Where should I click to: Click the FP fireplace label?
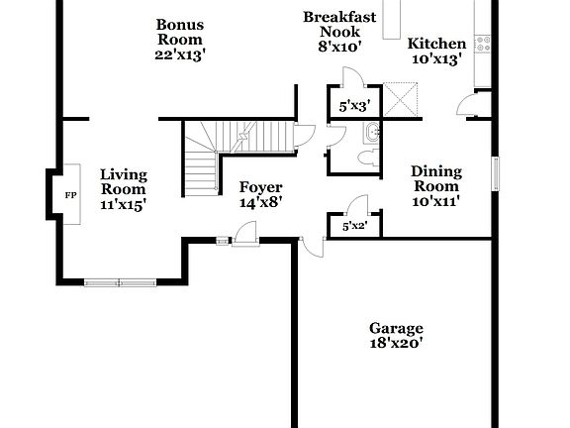70,195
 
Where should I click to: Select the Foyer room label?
261,187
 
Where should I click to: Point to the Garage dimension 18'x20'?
396,344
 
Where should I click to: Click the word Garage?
396,328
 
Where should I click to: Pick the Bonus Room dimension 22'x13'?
180,54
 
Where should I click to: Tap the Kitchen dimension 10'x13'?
436,58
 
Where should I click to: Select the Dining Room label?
435,178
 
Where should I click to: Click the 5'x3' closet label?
354,105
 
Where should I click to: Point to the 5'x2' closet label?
353,227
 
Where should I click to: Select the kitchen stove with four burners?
483,44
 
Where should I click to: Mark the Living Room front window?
119,283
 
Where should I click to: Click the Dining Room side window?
498,169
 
